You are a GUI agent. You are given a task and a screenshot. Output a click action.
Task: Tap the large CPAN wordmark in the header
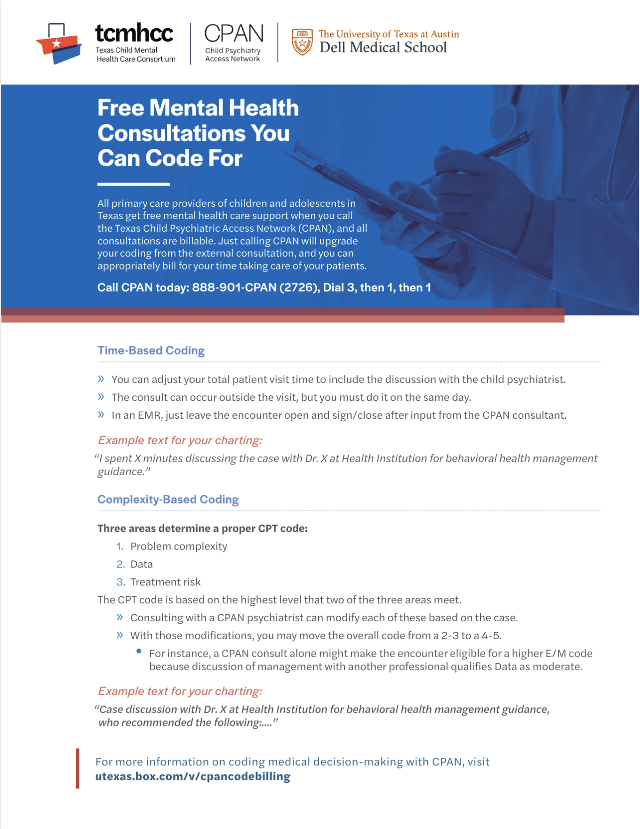[234, 34]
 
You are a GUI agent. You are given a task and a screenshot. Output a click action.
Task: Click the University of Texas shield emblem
[302, 42]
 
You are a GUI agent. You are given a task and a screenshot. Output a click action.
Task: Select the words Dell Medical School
[383, 48]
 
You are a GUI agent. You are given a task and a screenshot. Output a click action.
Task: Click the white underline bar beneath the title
[133, 184]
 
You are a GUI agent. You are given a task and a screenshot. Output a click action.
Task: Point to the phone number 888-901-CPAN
[234, 288]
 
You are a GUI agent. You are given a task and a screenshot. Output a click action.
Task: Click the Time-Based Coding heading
[151, 350]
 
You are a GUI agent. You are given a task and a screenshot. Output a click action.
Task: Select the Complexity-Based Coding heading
[168, 499]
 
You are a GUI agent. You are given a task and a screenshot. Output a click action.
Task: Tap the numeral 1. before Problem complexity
[120, 546]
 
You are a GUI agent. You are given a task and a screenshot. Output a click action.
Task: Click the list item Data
[142, 564]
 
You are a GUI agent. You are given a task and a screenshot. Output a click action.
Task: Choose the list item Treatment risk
[166, 582]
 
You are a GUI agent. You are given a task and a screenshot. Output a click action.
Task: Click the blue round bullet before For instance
[139, 651]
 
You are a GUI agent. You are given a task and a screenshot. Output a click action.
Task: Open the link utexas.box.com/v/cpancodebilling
[193, 776]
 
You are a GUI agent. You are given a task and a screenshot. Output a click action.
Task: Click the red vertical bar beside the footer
[78, 768]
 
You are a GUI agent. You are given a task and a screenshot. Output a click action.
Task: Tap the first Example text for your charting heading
[180, 440]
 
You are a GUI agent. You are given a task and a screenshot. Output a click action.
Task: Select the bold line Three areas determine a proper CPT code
[202, 528]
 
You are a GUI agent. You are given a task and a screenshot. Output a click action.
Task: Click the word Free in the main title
[120, 108]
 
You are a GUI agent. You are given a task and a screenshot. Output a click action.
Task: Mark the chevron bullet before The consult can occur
[101, 397]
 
